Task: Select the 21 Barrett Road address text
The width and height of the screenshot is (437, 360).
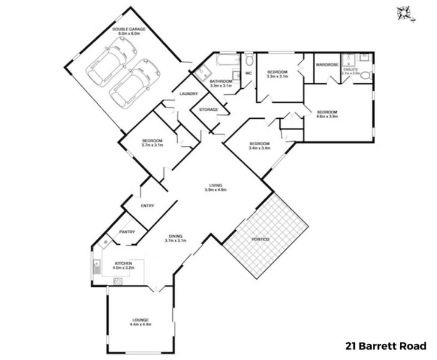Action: [385, 346]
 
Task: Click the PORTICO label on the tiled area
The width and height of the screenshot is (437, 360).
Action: [260, 240]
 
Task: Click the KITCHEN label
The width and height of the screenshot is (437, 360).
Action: [123, 263]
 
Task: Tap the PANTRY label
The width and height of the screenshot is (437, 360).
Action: [127, 232]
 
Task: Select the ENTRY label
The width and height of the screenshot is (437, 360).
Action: [147, 206]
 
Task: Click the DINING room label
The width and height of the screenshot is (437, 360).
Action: [176, 236]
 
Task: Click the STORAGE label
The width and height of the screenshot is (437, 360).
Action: [208, 110]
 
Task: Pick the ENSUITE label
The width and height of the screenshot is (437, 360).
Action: [351, 69]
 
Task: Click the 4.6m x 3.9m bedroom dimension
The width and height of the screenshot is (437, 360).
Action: [327, 118]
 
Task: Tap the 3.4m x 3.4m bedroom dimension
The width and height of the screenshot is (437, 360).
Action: [259, 148]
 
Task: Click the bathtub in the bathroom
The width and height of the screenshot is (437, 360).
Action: [226, 61]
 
